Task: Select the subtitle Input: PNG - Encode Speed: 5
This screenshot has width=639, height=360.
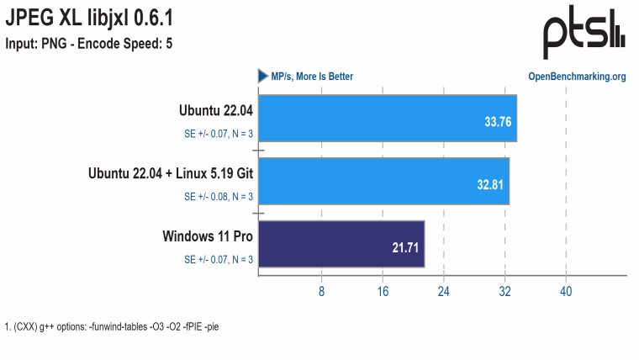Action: (89, 43)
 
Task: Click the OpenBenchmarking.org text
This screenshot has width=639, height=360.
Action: (577, 77)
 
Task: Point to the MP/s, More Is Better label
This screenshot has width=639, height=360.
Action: (312, 77)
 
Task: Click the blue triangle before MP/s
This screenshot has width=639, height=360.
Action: (263, 77)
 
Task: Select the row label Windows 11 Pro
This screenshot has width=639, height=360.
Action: (208, 236)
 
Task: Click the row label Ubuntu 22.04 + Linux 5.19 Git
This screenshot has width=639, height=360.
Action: (171, 173)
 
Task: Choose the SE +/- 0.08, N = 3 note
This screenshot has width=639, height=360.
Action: (219, 197)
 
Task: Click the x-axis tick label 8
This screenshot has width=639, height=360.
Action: (321, 292)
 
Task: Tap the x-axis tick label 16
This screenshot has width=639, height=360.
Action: (383, 292)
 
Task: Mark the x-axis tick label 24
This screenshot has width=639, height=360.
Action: (444, 292)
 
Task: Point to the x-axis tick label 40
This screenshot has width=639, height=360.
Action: (566, 292)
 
